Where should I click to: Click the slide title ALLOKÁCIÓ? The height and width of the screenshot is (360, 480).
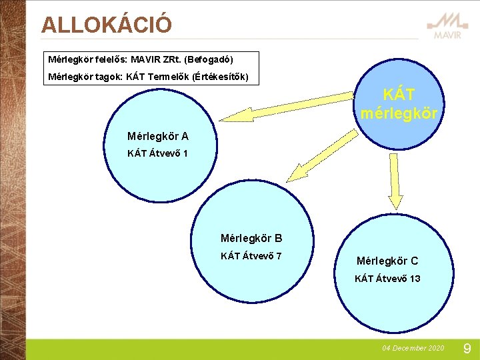[x=106, y=25]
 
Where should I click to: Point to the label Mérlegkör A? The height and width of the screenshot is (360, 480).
[x=158, y=137]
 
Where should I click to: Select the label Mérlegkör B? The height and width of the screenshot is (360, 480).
[x=251, y=238]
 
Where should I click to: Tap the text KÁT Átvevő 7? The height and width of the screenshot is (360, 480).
[x=251, y=256]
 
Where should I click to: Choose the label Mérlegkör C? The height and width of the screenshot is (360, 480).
[x=387, y=261]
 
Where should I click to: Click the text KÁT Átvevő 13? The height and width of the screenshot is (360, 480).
[x=387, y=279]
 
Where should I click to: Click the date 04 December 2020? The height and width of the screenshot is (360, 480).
[x=413, y=349]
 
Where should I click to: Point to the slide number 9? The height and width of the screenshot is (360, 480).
[x=467, y=348]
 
